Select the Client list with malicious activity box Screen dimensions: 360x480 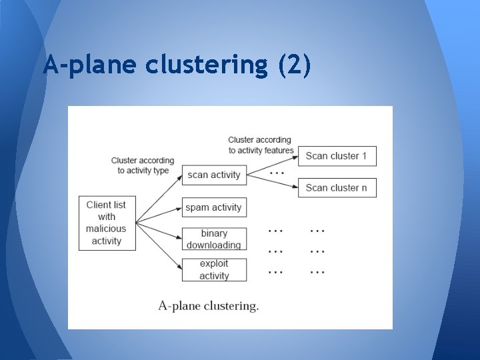[x=107, y=223]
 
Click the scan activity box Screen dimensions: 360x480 [x=214, y=175]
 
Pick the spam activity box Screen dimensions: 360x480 [x=214, y=207]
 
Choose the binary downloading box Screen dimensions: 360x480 [x=214, y=239]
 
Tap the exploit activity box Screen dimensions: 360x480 [x=214, y=270]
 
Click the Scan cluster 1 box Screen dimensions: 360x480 [x=337, y=156]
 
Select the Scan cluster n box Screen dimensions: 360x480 [x=337, y=187]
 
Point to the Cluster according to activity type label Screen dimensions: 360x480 [x=143, y=165]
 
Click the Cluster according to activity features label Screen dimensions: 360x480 [x=261, y=145]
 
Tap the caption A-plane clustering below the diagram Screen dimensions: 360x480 [x=209, y=306]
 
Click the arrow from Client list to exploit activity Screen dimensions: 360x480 [x=159, y=246]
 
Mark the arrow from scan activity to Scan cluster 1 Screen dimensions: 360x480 [x=272, y=165]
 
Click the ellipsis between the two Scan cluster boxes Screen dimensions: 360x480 [x=276, y=172]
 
